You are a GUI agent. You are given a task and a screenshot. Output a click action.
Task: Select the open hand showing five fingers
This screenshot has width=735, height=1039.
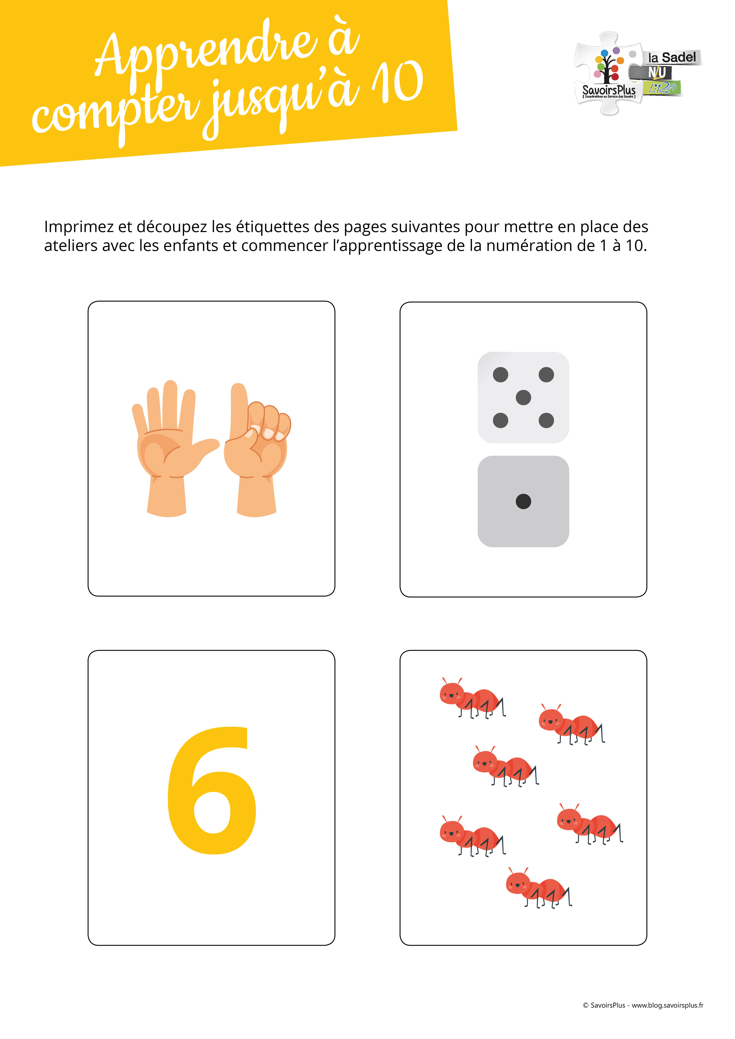170,448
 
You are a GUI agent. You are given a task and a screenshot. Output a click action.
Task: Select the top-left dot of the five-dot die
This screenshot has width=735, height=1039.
501,375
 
